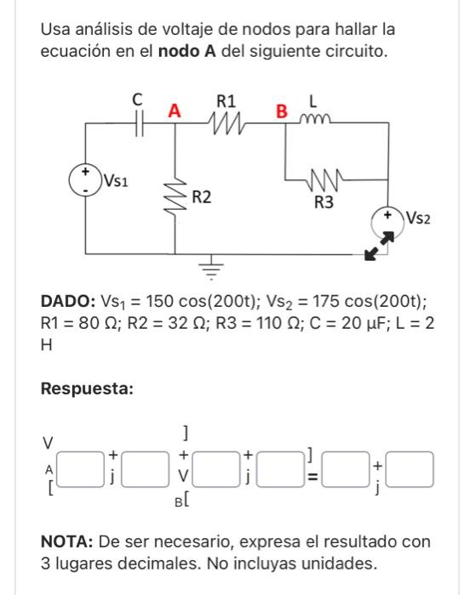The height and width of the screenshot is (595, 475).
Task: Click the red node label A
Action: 174,111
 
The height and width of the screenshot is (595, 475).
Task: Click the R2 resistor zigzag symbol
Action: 178,201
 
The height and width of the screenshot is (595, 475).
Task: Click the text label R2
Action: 202,199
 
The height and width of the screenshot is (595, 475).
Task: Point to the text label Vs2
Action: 420,218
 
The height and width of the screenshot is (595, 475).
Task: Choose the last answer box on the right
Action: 411,468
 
